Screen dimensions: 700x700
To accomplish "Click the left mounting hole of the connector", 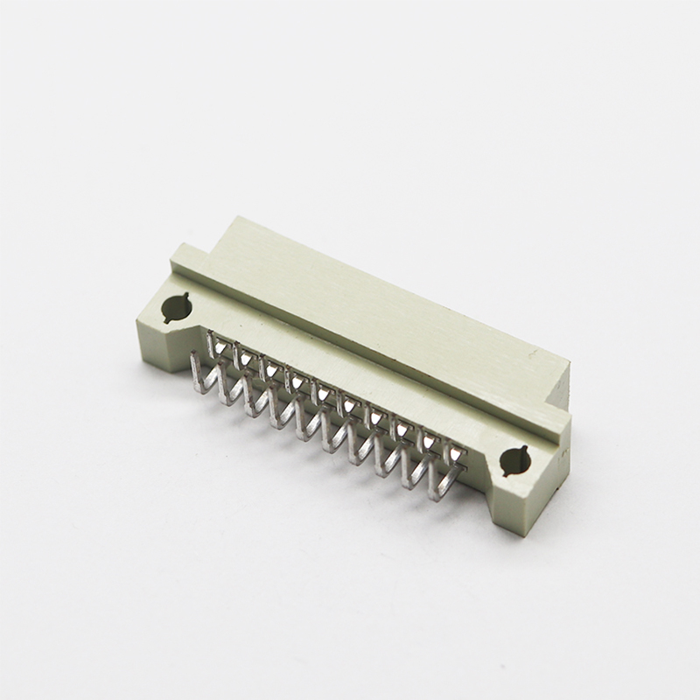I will (x=176, y=307).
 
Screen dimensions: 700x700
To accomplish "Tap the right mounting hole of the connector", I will (x=514, y=460).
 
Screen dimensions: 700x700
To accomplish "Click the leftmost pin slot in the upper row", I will (x=214, y=341).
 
